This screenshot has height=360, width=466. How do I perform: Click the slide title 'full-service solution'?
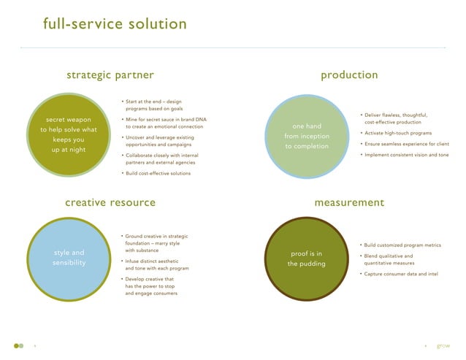pos(115,24)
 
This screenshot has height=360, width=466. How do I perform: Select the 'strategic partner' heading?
pos(110,75)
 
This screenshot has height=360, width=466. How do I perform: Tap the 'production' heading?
pos(349,75)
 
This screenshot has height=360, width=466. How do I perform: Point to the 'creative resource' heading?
pos(110,202)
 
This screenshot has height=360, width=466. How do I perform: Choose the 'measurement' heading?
pos(349,202)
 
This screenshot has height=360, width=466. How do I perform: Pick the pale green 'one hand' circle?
pos(307,136)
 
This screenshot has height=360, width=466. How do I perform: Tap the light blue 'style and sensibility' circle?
pos(69,258)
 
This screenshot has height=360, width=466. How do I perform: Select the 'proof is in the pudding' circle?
pos(307,258)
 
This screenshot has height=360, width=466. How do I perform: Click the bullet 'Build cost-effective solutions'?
pos(158,173)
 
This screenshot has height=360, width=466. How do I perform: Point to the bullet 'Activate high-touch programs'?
pos(397,134)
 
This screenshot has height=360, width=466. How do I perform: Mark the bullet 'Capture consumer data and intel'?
pos(401,273)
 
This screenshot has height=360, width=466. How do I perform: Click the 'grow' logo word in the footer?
pos(443,345)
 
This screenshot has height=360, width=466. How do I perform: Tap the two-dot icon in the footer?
pos(18,345)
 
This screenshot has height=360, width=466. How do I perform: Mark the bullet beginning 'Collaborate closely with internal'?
pos(161,158)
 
